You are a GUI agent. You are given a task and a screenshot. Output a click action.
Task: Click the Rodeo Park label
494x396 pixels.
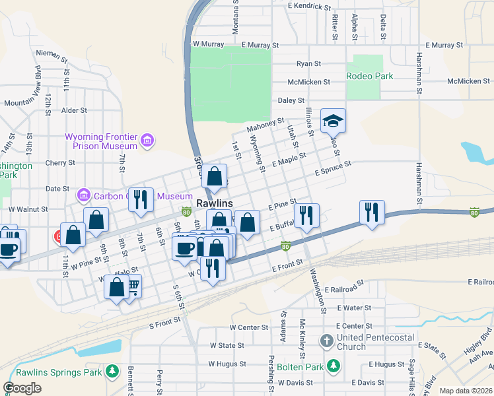pos(370,76)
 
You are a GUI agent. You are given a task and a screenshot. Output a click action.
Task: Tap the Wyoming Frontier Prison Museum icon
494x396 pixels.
pos(147,141)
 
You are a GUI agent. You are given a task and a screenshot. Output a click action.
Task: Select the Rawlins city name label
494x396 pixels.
pos(214,204)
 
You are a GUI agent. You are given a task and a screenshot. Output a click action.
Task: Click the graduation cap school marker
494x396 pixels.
pos(334,121)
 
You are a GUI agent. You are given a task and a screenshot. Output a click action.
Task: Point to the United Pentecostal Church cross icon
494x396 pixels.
pos(326,341)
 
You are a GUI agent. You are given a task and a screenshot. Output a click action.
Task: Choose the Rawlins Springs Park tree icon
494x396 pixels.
pos(113,372)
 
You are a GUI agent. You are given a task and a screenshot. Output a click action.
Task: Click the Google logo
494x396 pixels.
pos(22,387)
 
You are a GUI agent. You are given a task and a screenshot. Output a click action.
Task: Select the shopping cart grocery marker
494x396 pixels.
pos(132,286)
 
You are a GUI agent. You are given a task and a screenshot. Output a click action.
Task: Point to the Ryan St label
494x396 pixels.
pos(308,64)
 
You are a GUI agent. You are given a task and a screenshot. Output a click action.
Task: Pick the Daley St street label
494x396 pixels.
pos(290,100)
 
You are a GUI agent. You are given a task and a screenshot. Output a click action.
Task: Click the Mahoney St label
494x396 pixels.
pos(265,125)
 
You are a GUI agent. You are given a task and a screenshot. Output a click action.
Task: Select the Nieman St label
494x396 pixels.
pos(53,55)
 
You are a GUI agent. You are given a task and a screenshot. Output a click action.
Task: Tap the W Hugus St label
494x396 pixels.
pos(227,364)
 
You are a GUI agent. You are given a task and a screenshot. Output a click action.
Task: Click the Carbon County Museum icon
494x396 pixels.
pos(83,196)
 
